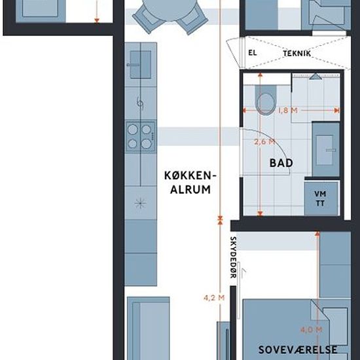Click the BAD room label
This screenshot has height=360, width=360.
click(281, 163)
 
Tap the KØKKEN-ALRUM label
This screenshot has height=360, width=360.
click(190, 183)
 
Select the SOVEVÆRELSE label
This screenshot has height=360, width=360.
click(298, 350)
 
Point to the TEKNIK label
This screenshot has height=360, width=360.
click(297, 54)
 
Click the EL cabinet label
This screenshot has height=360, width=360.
click(253, 53)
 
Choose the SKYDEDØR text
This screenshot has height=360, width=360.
click(233, 257)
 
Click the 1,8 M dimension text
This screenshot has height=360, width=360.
click(288, 111)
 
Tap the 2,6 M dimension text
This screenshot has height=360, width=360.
click(264, 141)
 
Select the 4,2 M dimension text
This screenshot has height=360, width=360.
click(214, 298)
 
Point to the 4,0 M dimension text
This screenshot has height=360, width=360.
click(312, 330)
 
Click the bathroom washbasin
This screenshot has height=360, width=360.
click(325, 150)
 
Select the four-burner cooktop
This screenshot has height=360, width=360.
click(140, 137)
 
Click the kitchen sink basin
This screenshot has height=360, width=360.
click(140, 65)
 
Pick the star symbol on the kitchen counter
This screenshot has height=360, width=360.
click(140, 203)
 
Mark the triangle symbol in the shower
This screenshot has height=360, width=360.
click(315, 77)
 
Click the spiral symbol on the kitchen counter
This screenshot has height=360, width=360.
click(140, 103)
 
